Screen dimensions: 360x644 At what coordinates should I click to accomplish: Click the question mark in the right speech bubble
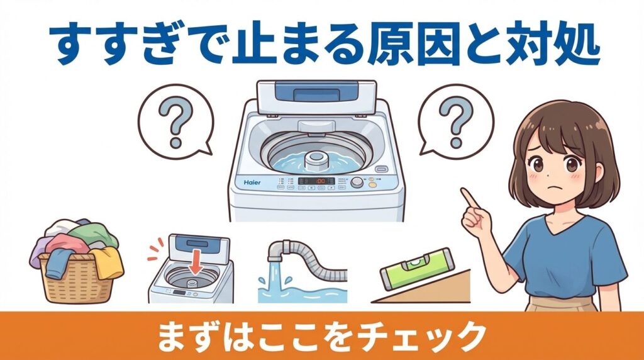coord(454,118)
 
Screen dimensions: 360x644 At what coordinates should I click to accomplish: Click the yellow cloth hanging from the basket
coord(109,261)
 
